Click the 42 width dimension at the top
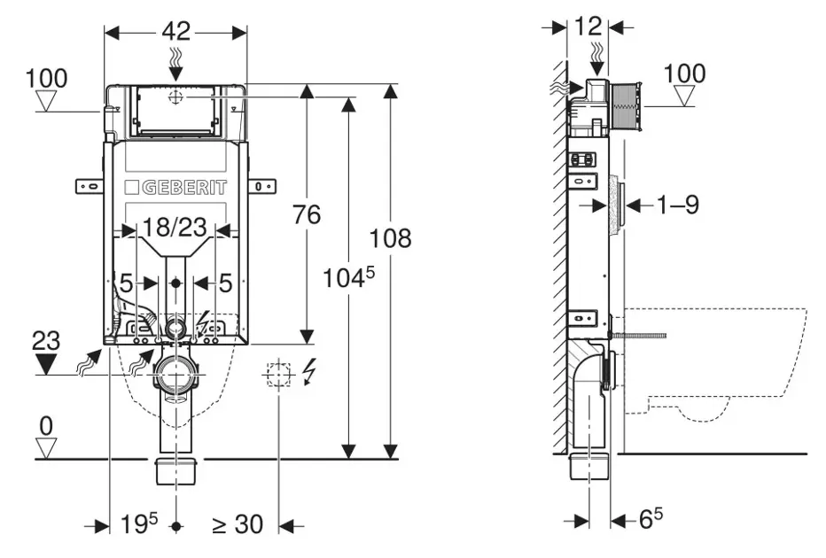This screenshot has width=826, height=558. tap(176, 31)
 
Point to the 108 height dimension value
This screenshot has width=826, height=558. tap(391, 238)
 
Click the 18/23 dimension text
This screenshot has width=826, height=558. tap(175, 228)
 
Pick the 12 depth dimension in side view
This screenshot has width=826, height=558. tap(588, 27)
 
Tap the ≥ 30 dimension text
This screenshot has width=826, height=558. tap(237, 524)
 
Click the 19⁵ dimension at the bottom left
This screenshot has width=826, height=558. tap(138, 524)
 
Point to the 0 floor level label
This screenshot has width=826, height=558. tap(46, 425)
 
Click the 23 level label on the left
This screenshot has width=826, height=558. tap(46, 338)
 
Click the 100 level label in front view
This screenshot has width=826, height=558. tap(46, 78)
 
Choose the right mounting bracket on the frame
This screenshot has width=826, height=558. tap(262, 186)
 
